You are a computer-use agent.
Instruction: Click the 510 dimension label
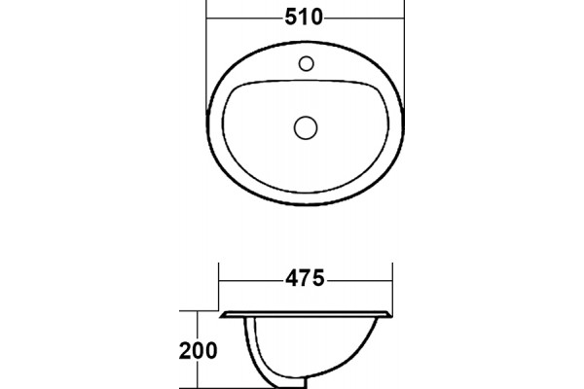pyautogui.click(x=304, y=18)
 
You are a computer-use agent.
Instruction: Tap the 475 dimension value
pyautogui.click(x=305, y=278)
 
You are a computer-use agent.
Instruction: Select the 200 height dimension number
pyautogui.click(x=199, y=351)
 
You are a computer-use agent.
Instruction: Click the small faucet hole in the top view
pyautogui.click(x=307, y=63)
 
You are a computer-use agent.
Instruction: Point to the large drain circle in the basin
pyautogui.click(x=306, y=127)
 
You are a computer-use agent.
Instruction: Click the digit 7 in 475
pyautogui.click(x=305, y=278)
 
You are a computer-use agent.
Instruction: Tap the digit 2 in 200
pyautogui.click(x=185, y=351)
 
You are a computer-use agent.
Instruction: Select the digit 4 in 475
pyautogui.click(x=292, y=278)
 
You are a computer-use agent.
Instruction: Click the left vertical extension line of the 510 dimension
pyautogui.click(x=206, y=55)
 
